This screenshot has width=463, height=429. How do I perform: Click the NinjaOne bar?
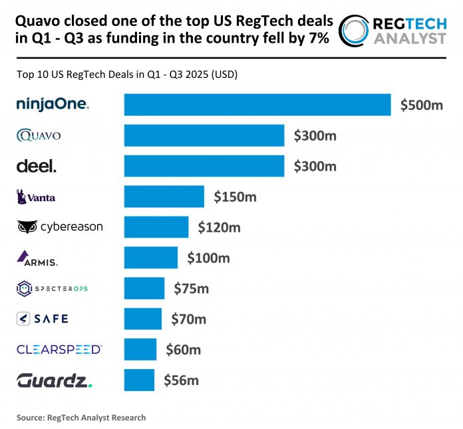tap(257, 105)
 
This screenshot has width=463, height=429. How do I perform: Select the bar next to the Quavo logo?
tap(204, 135)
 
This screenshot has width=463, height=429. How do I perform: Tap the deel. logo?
tap(37, 167)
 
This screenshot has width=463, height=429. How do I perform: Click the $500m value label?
tap(421, 105)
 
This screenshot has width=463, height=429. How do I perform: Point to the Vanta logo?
tap(37, 197)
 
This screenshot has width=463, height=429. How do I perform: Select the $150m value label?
tap(234, 197)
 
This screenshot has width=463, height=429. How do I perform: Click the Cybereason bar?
tap(156, 227)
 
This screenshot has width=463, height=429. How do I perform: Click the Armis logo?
tap(41, 257)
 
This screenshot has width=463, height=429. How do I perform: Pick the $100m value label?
tap(209, 257)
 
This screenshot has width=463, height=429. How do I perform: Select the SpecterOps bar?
tap(144, 288)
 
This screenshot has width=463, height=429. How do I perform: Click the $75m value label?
tap(191, 288)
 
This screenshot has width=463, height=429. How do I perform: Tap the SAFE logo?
tap(42, 318)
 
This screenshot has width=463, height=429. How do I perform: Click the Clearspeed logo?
tap(59, 349)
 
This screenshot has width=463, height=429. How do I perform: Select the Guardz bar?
tap(139, 380)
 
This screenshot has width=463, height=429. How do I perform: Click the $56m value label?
tap(181, 380)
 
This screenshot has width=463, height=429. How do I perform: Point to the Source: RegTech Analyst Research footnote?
tap(81, 418)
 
